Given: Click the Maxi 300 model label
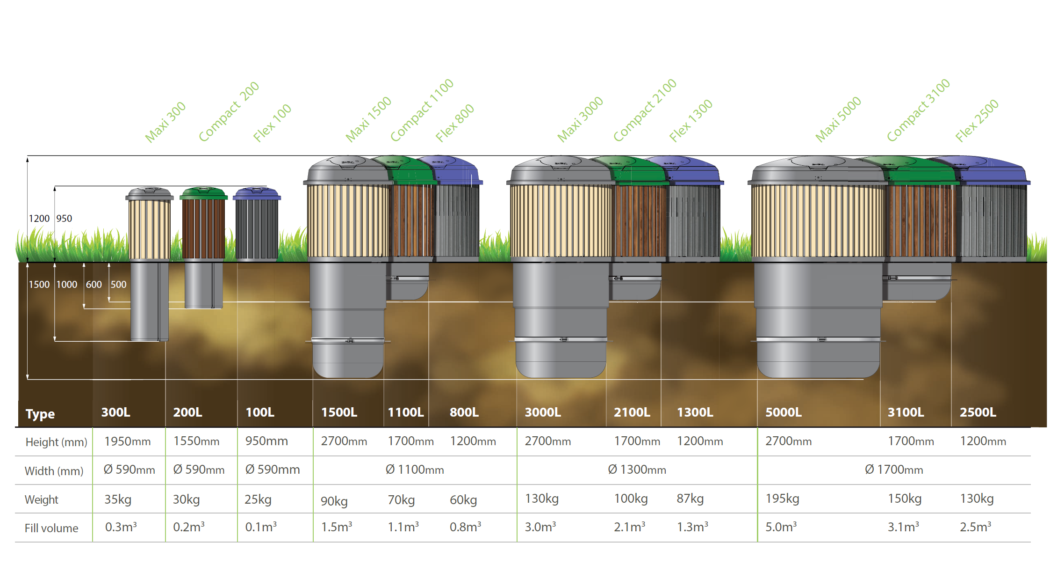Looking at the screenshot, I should click(x=165, y=122).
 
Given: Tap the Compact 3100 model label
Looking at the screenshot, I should click(x=918, y=110).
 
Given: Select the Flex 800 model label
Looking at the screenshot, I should click(x=454, y=123).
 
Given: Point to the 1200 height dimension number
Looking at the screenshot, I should click(x=39, y=218).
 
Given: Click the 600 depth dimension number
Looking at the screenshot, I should click(x=93, y=284).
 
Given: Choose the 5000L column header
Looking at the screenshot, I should click(x=783, y=412).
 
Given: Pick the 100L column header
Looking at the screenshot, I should click(x=259, y=412).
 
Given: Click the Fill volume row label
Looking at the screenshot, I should click(x=51, y=528).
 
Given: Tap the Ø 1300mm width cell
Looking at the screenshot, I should click(x=637, y=470).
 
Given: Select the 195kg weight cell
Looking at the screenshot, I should click(x=782, y=499).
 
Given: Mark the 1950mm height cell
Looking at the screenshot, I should click(x=127, y=441).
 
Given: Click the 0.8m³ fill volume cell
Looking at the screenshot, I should click(x=465, y=527).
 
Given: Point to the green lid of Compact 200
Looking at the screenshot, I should click(x=203, y=193).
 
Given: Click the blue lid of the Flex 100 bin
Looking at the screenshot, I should click(x=257, y=193).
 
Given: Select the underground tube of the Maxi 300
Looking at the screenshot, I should click(x=149, y=302).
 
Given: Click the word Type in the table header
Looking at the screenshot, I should click(x=40, y=414).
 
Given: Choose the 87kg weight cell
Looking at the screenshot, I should click(x=690, y=499).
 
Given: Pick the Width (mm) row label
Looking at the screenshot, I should click(x=54, y=471).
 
